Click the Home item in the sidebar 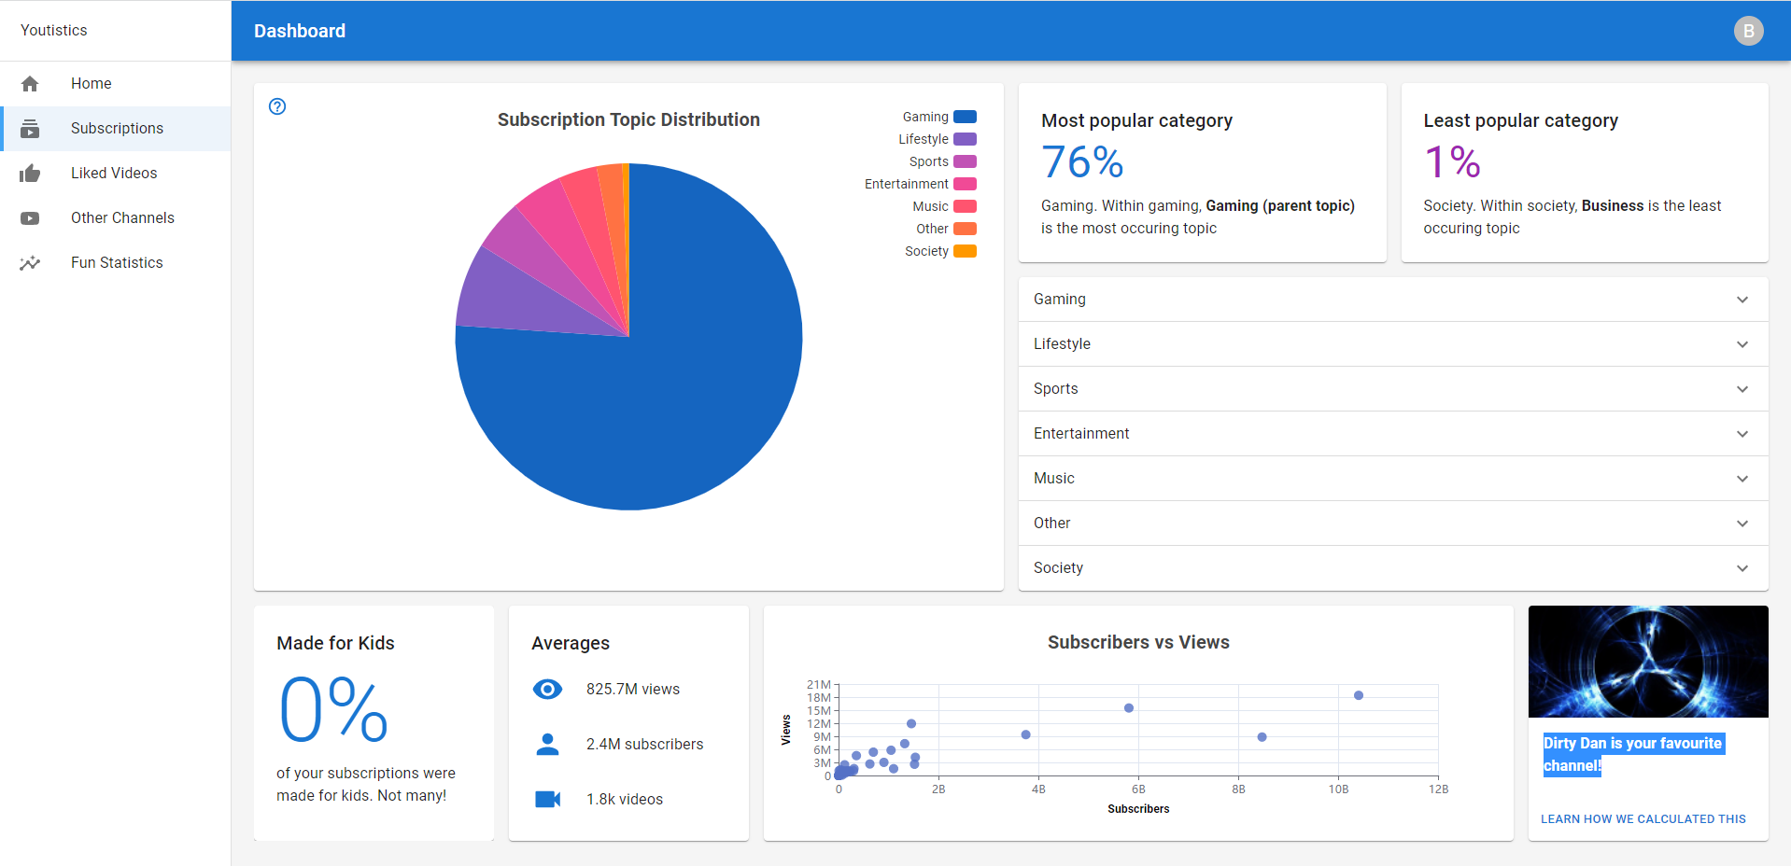(x=91, y=84)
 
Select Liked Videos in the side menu (x=114, y=174)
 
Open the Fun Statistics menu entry (x=117, y=263)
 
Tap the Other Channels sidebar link (x=122, y=218)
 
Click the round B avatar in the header (x=1748, y=31)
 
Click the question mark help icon (x=277, y=106)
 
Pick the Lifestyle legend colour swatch (x=965, y=139)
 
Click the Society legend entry (x=939, y=251)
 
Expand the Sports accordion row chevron (x=1742, y=389)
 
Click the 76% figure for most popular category (x=1082, y=162)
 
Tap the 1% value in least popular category (x=1452, y=162)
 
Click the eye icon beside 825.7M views (x=547, y=690)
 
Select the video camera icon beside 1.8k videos (x=547, y=800)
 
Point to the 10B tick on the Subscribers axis (x=1338, y=789)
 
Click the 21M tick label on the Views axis (x=818, y=685)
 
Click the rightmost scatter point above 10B (x=1359, y=695)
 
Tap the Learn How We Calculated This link (x=1643, y=819)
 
